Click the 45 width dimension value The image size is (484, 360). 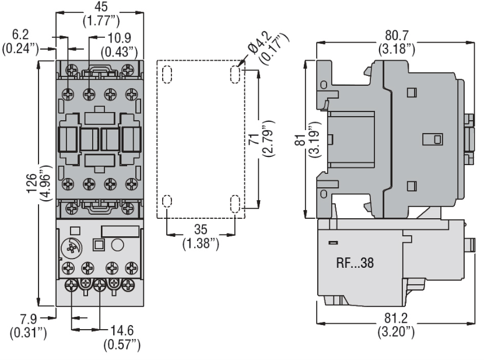point(101,6)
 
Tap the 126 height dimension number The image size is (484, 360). point(31,183)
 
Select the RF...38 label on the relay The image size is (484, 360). point(355,263)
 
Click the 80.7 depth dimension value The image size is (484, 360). point(397,35)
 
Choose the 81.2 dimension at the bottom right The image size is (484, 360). point(396,318)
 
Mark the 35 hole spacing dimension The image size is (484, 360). point(201,229)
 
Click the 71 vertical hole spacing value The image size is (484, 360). point(254,139)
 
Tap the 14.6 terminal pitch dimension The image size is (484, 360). point(122,331)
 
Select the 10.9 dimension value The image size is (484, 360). point(119,38)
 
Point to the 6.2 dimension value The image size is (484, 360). point(20,34)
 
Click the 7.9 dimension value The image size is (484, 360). point(29,319)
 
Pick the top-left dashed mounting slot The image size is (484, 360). point(167,75)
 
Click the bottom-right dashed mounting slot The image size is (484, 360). point(235,204)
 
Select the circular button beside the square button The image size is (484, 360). point(117,245)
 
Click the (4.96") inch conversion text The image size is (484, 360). point(46,183)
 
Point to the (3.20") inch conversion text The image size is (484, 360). point(396,332)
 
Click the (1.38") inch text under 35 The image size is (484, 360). point(201,244)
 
